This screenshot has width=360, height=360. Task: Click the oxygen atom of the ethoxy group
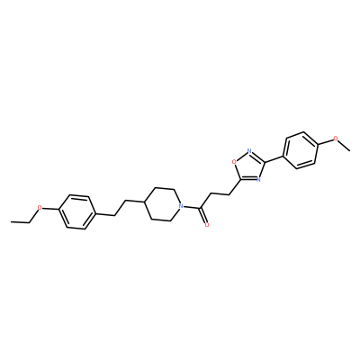[39, 208]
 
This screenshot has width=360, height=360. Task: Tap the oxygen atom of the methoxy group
[336, 139]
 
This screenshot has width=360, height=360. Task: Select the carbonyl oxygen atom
[206, 225]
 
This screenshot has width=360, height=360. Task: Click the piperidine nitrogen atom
[180, 206]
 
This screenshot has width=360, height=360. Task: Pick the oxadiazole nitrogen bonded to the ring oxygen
[249, 150]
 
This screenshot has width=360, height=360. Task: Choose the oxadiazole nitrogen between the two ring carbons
[258, 180]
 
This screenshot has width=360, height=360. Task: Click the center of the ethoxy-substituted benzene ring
[77, 212]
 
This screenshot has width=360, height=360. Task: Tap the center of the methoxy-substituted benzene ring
[301, 149]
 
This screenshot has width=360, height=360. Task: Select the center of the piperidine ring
[162, 204]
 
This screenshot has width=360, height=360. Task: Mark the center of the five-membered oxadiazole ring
[249, 167]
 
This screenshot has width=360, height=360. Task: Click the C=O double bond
[203, 216]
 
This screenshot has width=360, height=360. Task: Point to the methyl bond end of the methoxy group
[350, 149]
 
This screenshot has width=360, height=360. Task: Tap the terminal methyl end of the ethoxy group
[11, 222]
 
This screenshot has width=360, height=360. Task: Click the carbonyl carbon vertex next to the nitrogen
[200, 208]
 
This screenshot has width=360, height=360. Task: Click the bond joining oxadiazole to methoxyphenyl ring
[274, 159]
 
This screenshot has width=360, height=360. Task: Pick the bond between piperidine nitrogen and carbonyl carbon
[192, 207]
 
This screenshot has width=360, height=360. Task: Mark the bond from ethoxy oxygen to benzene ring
[50, 209]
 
